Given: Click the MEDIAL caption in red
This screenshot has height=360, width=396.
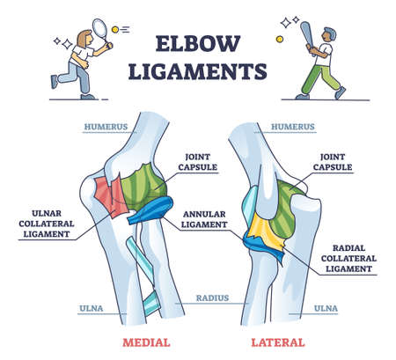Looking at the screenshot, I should [146, 342].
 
